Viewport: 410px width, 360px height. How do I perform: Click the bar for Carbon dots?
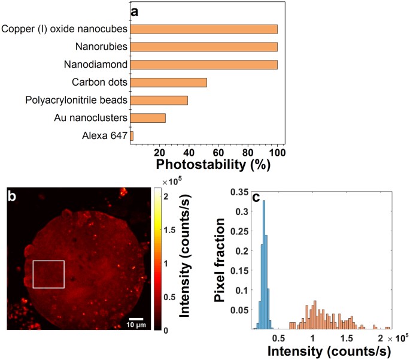[x=168, y=83]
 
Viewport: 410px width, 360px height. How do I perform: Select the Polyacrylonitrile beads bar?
[x=159, y=100]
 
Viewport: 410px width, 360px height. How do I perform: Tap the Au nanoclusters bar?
[x=148, y=118]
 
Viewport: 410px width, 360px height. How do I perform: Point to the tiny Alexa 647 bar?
[x=132, y=136]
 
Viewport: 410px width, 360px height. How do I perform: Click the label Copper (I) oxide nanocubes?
[x=64, y=29]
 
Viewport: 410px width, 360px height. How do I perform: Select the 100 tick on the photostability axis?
[x=277, y=151]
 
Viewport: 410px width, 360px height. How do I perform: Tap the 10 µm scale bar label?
[x=136, y=324]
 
